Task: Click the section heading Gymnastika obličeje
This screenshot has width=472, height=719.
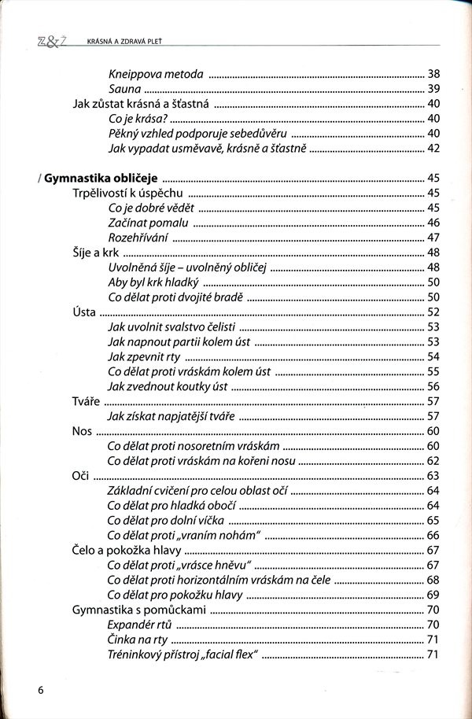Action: (101, 178)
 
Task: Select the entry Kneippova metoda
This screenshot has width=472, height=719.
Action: (156, 74)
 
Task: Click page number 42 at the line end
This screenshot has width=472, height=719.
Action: (433, 148)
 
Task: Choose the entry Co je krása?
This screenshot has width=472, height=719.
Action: (138, 119)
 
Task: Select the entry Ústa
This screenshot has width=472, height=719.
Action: (83, 312)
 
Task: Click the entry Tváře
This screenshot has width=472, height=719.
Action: (86, 401)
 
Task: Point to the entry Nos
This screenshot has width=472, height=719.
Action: (82, 430)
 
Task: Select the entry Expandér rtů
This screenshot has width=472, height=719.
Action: (139, 624)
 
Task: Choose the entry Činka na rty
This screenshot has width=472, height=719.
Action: (137, 639)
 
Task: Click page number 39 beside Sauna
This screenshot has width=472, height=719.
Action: (433, 89)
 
